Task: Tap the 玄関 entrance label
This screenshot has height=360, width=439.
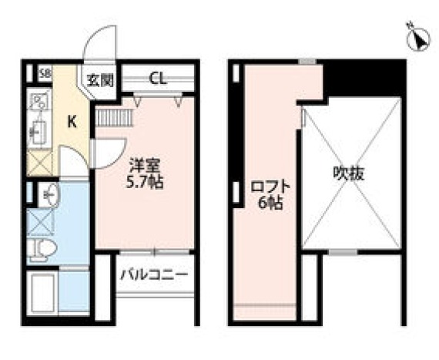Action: (x=100, y=79)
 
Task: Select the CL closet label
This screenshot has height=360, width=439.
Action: (x=157, y=77)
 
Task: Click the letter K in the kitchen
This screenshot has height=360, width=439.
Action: (x=71, y=121)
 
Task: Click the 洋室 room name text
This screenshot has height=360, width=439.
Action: (x=144, y=164)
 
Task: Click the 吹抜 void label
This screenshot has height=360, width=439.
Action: (x=348, y=173)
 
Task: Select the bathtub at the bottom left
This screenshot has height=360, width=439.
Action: (x=43, y=291)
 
